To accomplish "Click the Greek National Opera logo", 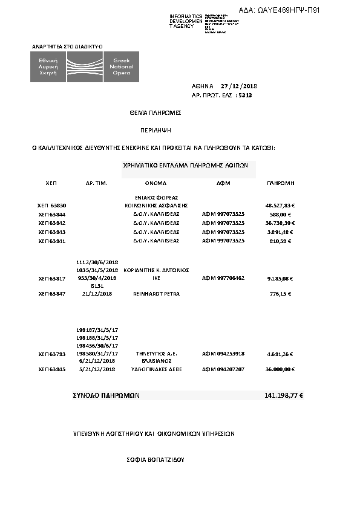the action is click(x=85, y=67).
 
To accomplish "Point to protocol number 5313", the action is click(x=245, y=96).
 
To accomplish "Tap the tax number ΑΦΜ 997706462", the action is click(x=223, y=278).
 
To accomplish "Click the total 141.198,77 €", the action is click(x=284, y=395).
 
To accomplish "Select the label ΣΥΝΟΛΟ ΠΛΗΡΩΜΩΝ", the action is click(x=106, y=395).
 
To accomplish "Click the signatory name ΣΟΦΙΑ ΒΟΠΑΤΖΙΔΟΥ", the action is click(x=155, y=460).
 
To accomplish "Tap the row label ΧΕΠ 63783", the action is click(x=51, y=354).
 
